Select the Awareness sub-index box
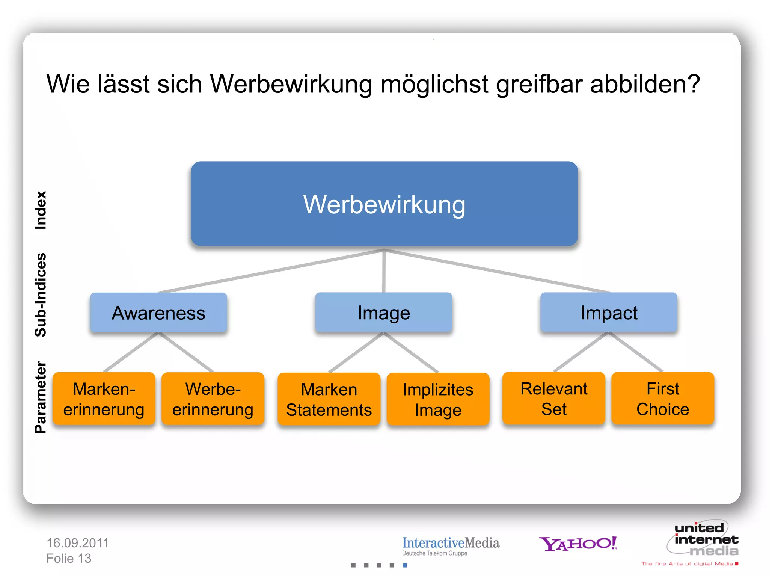pyautogui.click(x=158, y=313)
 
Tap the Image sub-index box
pyautogui.click(x=383, y=313)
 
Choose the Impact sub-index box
pyautogui.click(x=609, y=313)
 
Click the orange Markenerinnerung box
pyautogui.click(x=104, y=399)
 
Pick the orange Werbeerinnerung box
pyautogui.click(x=213, y=399)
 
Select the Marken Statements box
pyautogui.click(x=329, y=399)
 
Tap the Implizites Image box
pyautogui.click(x=438, y=399)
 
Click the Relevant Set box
pyautogui.click(x=554, y=399)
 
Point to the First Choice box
pyautogui.click(x=663, y=399)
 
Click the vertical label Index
pyautogui.click(x=41, y=210)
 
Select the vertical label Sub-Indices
pyautogui.click(x=41, y=295)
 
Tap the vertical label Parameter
pyautogui.click(x=41, y=397)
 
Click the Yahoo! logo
pyautogui.click(x=578, y=544)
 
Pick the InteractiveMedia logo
pyautogui.click(x=451, y=545)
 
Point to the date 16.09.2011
pyautogui.click(x=77, y=543)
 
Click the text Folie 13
pyautogui.click(x=69, y=559)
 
